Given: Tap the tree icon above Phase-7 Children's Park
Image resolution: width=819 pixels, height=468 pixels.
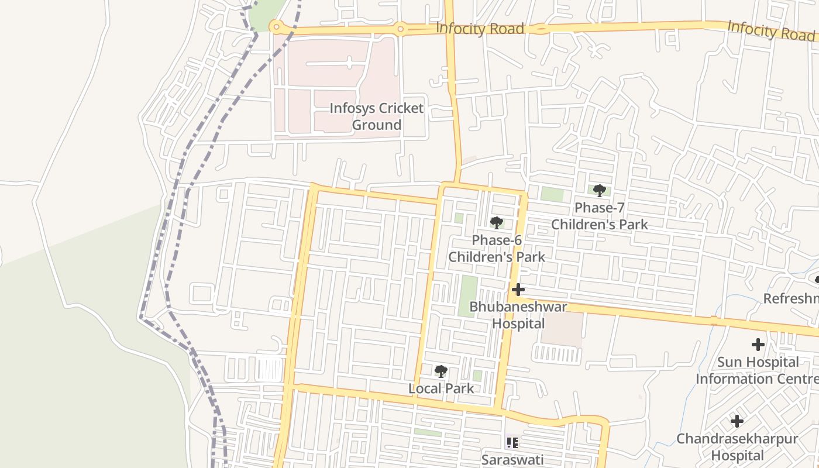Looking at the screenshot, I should coord(599,190).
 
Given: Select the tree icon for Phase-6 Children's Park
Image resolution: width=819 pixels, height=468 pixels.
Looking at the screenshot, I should coord(497,222).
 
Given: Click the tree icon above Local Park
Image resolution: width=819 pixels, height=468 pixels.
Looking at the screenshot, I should coord(441,371).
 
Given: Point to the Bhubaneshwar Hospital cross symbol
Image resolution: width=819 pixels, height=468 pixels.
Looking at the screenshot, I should coord(518,290).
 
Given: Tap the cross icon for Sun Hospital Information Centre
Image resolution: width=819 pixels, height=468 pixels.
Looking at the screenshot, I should coord(758,345).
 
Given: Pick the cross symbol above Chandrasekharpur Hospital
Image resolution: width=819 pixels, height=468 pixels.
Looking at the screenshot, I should coord(737,421).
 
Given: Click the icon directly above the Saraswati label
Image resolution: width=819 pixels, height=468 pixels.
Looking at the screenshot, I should coord(512,443).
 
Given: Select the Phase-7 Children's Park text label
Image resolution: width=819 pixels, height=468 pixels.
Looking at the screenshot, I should coord(600,216).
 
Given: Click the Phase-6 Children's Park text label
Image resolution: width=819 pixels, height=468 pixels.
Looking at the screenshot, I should coord(497,249).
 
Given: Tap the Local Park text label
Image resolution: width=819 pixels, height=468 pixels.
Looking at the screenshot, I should coord(441,388).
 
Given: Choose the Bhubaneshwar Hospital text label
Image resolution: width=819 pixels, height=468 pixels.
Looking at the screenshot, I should coord(518,315).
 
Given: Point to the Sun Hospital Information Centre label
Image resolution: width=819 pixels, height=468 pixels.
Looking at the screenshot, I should coord(757,370).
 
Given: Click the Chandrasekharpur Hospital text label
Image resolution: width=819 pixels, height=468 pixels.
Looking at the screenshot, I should coord(737,446).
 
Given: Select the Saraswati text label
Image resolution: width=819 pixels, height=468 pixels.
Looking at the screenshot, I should coord(512,459).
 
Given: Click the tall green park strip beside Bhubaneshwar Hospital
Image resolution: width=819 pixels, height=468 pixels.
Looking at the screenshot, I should coord(468,296).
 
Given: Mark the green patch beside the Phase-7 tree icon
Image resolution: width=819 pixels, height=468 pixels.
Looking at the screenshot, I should coord(552,194).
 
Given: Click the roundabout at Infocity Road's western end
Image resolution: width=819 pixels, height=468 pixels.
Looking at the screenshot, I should coord(276,27).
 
